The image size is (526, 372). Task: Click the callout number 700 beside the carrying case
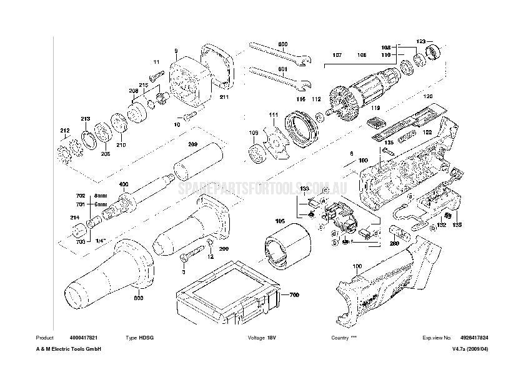coord(294,294)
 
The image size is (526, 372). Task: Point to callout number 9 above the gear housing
coord(176,50)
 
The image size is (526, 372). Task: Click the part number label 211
coord(224,97)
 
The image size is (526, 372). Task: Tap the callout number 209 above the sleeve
coord(193,144)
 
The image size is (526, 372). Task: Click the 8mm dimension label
coord(101,196)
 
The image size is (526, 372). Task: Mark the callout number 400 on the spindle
coord(124,184)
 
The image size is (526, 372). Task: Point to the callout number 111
coord(274,115)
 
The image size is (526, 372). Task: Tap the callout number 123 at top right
coord(422,41)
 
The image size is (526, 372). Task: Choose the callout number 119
coord(375,108)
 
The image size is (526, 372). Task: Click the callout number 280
coord(395,245)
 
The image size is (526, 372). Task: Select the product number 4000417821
coord(84,338)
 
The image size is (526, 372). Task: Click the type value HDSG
coord(147,338)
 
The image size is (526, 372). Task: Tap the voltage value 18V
coord(271,338)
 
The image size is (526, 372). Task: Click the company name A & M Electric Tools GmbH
coord(69,349)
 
